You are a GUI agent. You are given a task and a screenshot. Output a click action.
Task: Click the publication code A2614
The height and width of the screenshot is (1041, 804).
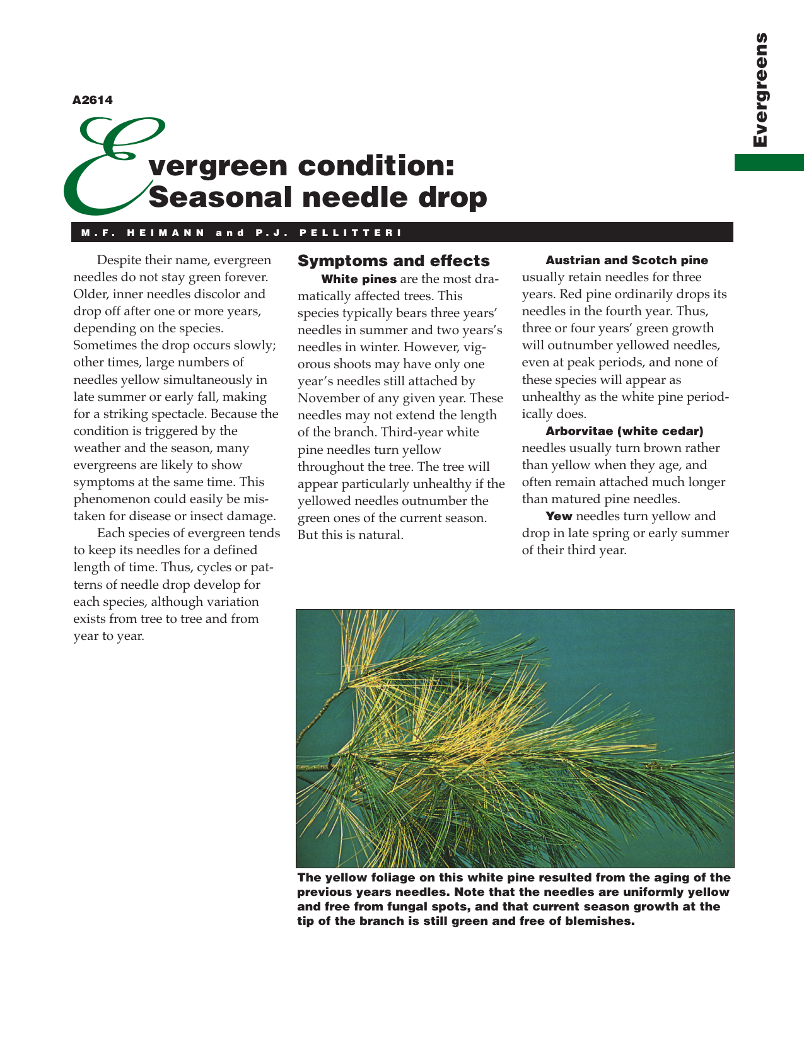pos(93,100)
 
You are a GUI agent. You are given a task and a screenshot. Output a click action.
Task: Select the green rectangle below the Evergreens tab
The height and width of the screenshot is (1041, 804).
pos(769,162)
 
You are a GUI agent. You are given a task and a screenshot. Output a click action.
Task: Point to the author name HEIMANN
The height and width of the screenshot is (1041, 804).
pos(166,233)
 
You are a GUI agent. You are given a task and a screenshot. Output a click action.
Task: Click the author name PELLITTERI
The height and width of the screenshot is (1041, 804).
pos(351,233)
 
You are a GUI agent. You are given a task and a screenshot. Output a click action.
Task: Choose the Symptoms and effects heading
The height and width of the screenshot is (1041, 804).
pos(393,261)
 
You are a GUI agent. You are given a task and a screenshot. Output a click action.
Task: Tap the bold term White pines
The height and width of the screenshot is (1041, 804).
pos(359,279)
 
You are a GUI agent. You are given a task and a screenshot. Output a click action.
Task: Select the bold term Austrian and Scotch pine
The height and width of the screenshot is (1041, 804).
pos(627,260)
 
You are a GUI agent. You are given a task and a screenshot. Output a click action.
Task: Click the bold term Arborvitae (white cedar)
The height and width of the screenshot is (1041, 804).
pos(624,431)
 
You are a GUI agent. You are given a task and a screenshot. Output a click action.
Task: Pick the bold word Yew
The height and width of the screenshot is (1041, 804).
pos(559,516)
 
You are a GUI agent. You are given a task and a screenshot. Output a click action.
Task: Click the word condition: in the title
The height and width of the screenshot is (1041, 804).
pos(376,166)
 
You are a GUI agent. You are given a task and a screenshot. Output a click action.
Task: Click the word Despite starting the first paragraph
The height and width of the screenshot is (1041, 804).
pos(119,260)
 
